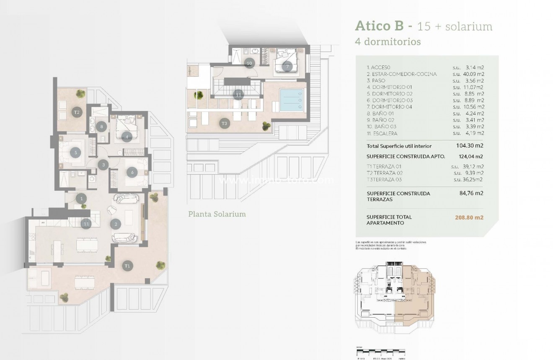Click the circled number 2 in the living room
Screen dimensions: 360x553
pos(116,224)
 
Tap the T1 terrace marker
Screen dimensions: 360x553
pos(127,265)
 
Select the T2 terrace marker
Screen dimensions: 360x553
pos(76,112)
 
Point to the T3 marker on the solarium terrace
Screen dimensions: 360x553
pos(225,123)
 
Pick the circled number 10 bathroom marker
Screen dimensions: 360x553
pos(249,63)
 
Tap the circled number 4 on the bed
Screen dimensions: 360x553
pos(127,136)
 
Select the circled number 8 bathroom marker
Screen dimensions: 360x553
pos(101,126)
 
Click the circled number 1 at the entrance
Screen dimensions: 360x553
pos(82,199)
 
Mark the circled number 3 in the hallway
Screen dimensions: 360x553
pos(103,165)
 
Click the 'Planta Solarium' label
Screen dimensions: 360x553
pos(217,214)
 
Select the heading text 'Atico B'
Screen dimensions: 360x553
pos(379,26)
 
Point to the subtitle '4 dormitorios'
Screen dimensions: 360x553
pos(388,41)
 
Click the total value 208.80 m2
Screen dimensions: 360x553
pos(469,218)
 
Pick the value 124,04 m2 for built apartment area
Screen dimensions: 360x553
pos(469,156)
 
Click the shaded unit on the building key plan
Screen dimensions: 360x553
pos(415,293)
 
